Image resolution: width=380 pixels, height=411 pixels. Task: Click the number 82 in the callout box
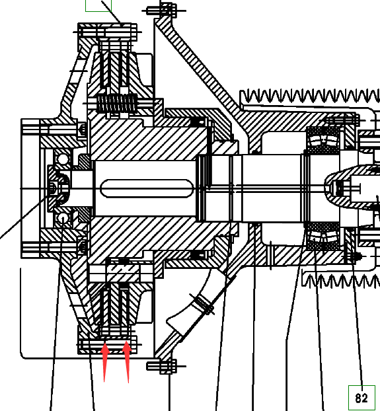click(x=361, y=398)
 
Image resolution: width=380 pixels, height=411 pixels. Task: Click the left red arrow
click(x=105, y=361)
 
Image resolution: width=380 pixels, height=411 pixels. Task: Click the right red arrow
click(x=127, y=361)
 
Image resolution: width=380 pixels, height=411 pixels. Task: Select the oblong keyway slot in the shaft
click(x=147, y=188)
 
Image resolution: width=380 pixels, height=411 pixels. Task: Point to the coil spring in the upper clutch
click(x=117, y=103)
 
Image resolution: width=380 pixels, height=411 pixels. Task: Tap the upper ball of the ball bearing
click(x=63, y=159)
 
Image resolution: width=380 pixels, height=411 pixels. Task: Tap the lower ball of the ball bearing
click(x=63, y=218)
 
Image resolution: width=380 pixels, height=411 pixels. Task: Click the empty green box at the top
click(x=98, y=6)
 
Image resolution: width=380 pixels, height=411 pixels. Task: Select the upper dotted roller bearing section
click(x=323, y=139)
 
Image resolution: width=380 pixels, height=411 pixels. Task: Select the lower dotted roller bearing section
click(x=323, y=237)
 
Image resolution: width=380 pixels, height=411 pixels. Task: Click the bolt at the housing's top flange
click(x=164, y=11)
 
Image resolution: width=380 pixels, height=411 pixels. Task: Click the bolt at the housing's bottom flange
click(x=166, y=366)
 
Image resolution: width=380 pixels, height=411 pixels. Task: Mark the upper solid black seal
click(x=197, y=122)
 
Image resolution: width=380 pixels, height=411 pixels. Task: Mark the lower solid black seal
click(x=197, y=254)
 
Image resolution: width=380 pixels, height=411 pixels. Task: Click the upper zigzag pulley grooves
click(x=310, y=96)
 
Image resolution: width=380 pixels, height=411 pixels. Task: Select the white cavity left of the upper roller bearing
click(x=284, y=142)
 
